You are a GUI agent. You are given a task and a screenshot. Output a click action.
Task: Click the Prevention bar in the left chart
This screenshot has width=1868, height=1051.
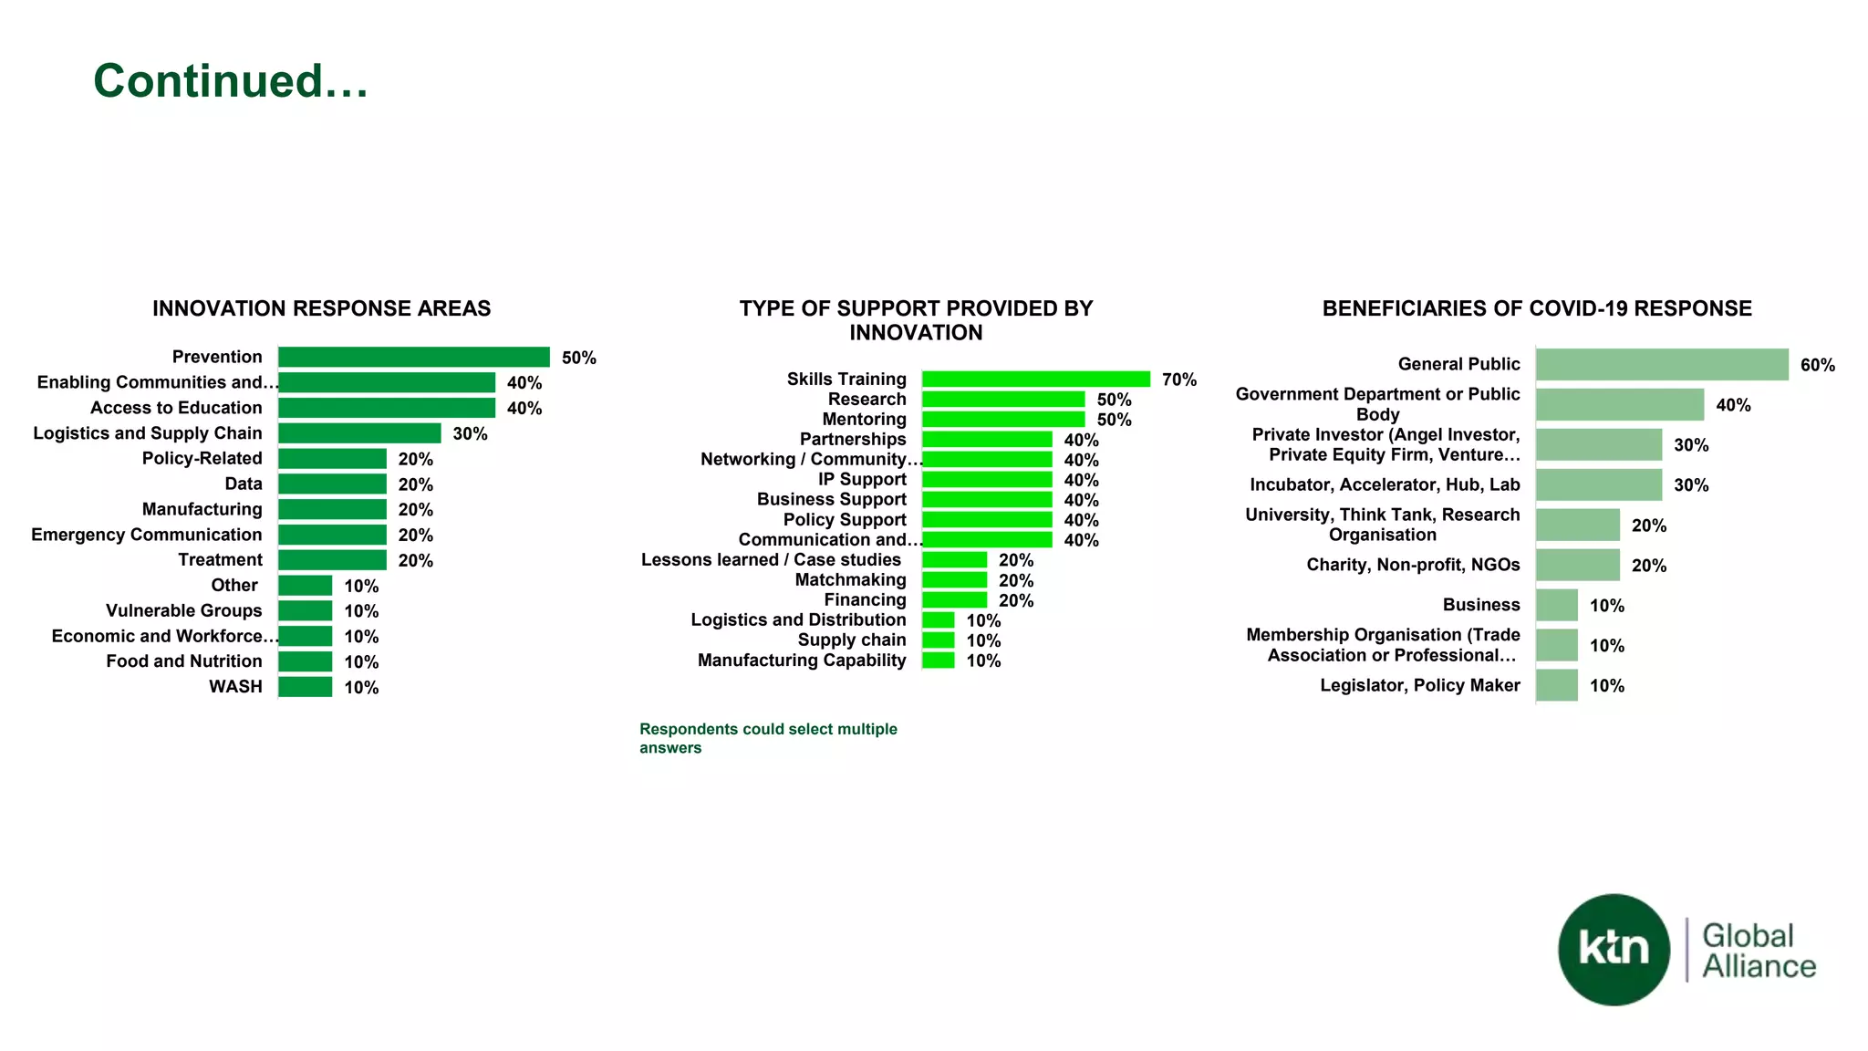413,357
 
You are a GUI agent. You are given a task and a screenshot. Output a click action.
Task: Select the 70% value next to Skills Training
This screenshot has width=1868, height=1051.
1178,380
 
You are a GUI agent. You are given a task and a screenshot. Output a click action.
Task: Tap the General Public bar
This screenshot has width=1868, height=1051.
1661,364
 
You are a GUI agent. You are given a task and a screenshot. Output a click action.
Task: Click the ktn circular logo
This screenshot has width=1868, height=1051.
1614,949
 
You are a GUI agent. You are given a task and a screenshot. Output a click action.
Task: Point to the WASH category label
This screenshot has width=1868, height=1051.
235,686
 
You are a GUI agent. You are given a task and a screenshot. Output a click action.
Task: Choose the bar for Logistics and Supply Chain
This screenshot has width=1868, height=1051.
359,433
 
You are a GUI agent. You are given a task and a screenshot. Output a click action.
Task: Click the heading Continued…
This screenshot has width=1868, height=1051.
231,80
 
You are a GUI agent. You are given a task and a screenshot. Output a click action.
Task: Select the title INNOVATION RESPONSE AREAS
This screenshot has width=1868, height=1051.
321,308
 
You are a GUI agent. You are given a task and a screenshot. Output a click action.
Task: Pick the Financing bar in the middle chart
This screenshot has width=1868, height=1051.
954,599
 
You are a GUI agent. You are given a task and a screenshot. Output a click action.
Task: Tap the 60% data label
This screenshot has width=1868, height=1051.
1817,365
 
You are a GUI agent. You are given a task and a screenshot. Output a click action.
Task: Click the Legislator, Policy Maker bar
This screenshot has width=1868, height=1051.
1556,685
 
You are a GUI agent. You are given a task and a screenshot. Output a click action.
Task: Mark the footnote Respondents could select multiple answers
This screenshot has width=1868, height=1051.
767,738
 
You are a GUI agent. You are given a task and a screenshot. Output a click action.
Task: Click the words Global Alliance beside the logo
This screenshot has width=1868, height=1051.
1758,951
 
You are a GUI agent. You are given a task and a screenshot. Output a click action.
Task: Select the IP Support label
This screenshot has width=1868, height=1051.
862,479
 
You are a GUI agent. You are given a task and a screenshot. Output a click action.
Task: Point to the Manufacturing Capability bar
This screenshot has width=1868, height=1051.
938,660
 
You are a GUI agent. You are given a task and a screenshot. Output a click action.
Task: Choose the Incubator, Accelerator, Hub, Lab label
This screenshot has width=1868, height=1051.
1384,484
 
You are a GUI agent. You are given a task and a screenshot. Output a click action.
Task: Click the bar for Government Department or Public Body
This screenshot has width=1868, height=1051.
1619,404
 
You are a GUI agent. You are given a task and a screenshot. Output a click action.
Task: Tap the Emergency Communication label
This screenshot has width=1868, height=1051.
146,535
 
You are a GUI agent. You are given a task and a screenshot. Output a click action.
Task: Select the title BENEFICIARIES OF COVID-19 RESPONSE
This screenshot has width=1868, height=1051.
1537,308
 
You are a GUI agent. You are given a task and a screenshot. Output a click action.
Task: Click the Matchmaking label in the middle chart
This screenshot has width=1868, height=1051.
850,579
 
